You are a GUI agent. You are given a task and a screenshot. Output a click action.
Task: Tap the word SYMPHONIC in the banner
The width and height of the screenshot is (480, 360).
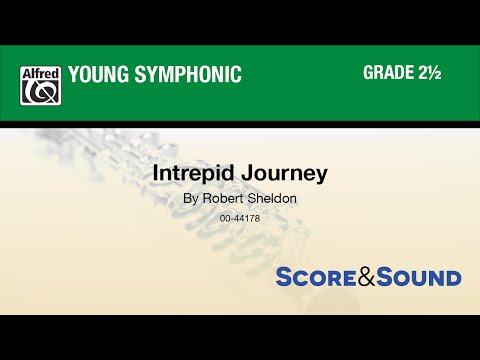[x=191, y=74]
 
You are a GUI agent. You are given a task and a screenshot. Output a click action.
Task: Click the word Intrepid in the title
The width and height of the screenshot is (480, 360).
[x=189, y=172]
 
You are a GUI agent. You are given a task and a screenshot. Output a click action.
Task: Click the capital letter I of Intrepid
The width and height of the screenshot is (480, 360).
[x=155, y=171]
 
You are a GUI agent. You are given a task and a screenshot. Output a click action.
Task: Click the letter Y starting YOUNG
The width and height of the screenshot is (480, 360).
[x=72, y=74]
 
